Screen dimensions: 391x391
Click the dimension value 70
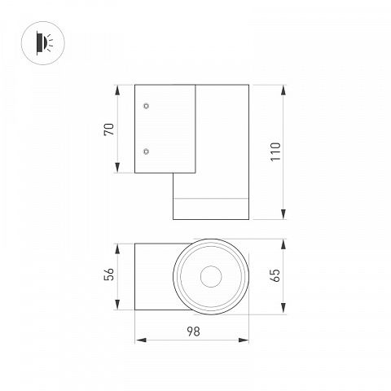coord(109,130)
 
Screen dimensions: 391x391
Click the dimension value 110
coord(275,152)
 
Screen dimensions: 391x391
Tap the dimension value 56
coord(109,275)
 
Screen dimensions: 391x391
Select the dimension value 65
coord(275,275)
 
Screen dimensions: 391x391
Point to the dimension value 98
coord(193,332)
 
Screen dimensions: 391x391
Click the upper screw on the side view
coord(146,106)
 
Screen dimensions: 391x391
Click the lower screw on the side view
coord(146,152)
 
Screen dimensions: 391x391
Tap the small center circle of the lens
coord(211,277)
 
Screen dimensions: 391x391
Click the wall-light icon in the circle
coord(44,43)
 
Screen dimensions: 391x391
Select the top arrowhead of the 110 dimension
coord(283,90)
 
